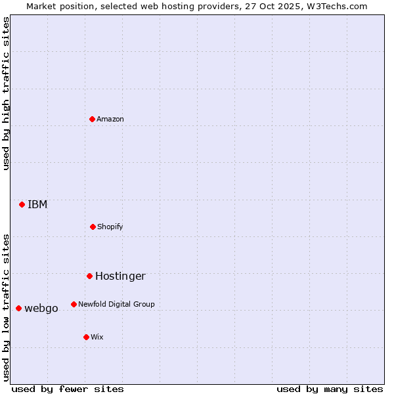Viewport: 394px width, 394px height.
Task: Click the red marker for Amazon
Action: [x=92, y=119]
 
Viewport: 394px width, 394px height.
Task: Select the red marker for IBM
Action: [x=22, y=204]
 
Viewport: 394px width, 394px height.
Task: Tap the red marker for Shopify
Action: [x=93, y=227]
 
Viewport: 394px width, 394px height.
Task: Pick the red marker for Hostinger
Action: [x=89, y=276]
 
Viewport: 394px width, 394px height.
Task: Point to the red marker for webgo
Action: [x=18, y=308]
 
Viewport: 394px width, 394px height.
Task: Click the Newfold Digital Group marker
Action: [x=74, y=304]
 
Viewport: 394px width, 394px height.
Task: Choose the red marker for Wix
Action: [x=86, y=337]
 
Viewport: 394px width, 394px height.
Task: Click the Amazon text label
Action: [x=110, y=119]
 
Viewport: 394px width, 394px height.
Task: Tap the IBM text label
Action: [x=37, y=204]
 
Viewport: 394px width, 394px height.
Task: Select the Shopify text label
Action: [x=110, y=227]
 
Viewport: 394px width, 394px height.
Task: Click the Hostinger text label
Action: [x=120, y=276]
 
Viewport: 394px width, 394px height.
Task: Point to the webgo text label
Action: [x=41, y=308]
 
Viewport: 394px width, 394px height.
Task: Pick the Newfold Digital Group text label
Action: [x=116, y=304]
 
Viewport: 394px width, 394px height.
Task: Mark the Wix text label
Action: [x=97, y=337]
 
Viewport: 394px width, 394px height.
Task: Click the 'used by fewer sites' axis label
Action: [x=68, y=389]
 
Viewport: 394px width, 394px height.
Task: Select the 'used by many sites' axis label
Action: [x=330, y=389]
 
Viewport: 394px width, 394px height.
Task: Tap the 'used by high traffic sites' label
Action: [x=6, y=93]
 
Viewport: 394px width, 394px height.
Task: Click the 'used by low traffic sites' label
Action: [x=6, y=307]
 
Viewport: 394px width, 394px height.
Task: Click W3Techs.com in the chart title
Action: [x=339, y=6]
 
